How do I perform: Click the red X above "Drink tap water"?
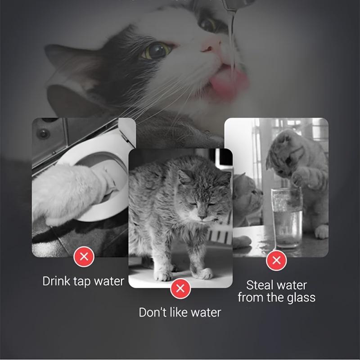pos(84,257)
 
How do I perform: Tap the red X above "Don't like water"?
pos(180,288)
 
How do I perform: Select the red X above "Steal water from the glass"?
pos(277,260)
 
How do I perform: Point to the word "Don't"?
pos(153,312)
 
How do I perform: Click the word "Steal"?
pos(260,285)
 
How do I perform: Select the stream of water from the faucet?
pos(232,36)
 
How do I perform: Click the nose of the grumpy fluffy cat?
pos(203,217)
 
